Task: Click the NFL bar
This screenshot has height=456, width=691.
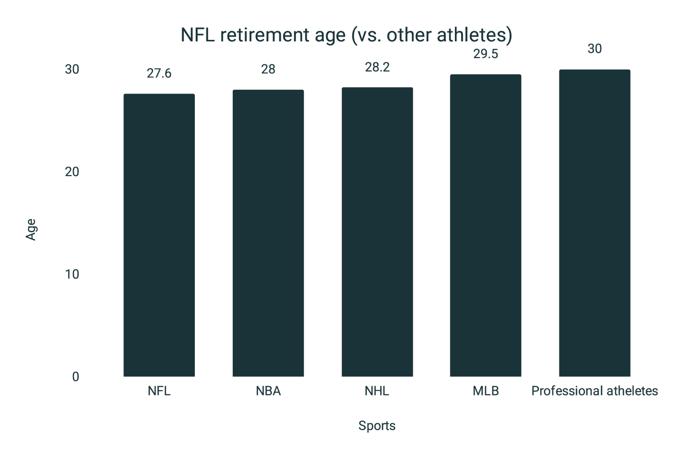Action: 159,235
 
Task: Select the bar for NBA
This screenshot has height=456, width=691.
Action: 268,233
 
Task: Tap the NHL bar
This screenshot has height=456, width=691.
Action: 377,232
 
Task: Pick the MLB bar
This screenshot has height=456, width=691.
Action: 486,226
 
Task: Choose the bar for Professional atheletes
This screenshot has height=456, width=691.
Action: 595,223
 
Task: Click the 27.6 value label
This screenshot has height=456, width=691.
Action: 159,73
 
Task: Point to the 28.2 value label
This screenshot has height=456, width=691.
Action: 377,67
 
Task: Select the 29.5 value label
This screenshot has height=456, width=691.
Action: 486,54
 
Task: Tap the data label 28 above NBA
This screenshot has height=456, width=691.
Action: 268,70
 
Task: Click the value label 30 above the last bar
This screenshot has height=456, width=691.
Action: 595,49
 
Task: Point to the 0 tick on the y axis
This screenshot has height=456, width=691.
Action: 75,377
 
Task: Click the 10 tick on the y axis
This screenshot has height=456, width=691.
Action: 72,274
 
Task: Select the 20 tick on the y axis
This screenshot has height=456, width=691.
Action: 72,172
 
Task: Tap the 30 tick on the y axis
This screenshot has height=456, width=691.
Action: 72,70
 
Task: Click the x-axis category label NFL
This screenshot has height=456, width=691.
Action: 159,391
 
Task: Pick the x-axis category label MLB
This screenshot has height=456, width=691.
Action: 486,391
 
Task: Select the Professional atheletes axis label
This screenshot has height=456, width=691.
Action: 595,391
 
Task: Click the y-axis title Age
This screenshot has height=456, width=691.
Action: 31,229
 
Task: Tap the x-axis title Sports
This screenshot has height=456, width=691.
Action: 377,426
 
